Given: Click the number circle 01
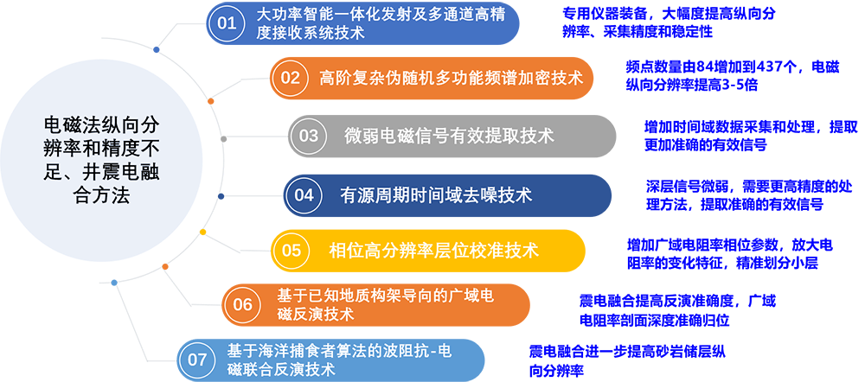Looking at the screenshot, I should (227, 23).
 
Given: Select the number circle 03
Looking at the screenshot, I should (308, 136).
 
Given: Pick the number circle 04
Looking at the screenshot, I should (304, 194).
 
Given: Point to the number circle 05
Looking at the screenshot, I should (291, 251).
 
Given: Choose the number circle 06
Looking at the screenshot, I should (242, 304).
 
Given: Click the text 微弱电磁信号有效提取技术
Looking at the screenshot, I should (449, 136).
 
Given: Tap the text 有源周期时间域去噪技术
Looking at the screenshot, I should (436, 194).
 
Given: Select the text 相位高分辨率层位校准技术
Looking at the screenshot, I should (433, 251).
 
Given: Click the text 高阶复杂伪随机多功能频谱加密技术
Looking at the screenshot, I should (451, 78).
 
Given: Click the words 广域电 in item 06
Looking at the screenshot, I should (471, 296).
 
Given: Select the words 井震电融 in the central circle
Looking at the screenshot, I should (119, 175).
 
